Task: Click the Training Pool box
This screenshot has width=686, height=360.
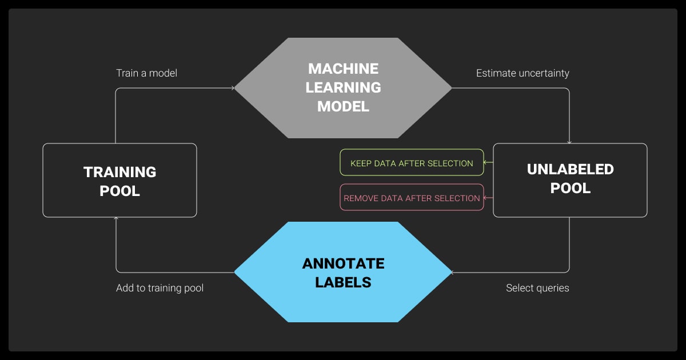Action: [119, 180]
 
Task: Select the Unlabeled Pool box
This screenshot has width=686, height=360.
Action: [570, 180]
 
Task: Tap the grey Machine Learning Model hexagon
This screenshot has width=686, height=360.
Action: [343, 87]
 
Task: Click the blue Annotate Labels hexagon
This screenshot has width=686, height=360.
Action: [343, 272]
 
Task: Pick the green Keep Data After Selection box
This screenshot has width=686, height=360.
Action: [412, 163]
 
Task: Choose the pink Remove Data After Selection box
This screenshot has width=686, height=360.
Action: [412, 198]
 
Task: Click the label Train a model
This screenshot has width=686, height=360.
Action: [146, 73]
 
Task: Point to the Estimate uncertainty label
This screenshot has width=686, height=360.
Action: [523, 73]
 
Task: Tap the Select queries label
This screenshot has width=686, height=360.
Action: [537, 288]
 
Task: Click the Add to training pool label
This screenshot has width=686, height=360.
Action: [159, 288]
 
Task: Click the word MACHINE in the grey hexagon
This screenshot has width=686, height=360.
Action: [343, 69]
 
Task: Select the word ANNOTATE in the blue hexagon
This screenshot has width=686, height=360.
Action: [343, 263]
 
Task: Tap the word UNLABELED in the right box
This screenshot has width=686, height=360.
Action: [570, 169]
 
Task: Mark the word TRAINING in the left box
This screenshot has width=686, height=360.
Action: [119, 171]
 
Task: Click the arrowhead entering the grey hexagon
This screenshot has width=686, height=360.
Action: [232, 88]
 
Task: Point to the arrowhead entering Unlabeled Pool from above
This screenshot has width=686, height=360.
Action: [569, 141]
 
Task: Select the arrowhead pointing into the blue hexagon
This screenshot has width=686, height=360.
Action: [454, 272]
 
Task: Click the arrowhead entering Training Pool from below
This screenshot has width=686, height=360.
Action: [116, 219]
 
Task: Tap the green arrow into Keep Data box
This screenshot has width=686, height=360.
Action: [486, 163]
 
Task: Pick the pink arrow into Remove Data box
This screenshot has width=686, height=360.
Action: [486, 198]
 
